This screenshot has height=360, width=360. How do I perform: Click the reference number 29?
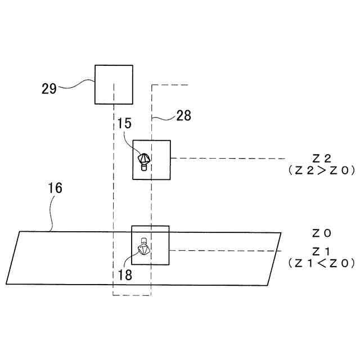coord(49,88)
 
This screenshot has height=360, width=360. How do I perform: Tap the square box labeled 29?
coord(114,84)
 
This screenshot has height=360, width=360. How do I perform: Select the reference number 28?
coord(183,116)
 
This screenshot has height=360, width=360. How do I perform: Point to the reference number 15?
coord(125,123)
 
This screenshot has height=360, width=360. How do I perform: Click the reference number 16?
coord(55,188)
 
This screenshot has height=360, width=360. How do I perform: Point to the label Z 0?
coord(321,232)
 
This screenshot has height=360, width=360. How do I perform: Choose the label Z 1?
coord(321,250)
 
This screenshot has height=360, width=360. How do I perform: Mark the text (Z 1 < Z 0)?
coord(321,262)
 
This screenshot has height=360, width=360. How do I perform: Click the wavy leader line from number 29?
coord(76,84)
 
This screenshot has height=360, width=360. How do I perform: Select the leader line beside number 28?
coord(164,118)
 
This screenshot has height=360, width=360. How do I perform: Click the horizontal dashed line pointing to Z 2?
coord(225,158)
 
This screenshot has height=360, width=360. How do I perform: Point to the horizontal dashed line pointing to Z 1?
coord(225,250)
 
